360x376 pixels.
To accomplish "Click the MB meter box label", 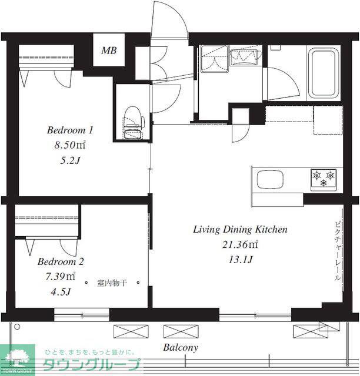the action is tap(109, 51).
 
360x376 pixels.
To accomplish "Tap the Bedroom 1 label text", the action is tap(70, 130).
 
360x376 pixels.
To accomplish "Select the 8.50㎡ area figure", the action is tap(69, 145).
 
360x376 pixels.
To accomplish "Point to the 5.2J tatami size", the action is tap(69, 160).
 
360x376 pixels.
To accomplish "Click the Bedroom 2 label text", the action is tap(61, 261).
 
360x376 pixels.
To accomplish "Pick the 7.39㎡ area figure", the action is tap(60, 277).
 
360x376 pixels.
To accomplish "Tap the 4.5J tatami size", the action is tap(61, 292).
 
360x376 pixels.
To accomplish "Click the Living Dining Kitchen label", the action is tap(240, 230).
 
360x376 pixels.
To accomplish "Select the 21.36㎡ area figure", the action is tap(240, 244).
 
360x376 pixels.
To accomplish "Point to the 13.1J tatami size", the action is tap(241, 260).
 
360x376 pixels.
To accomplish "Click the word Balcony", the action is tap(181, 347).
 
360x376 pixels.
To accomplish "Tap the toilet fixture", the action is tap(134, 122).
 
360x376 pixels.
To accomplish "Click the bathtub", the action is tap(324, 73).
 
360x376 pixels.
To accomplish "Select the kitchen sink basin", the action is tap(270, 180).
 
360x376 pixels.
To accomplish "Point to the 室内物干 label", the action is tap(112, 283).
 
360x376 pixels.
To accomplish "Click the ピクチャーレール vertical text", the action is tap(338, 251).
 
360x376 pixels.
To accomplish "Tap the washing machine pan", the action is tap(215, 58).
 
